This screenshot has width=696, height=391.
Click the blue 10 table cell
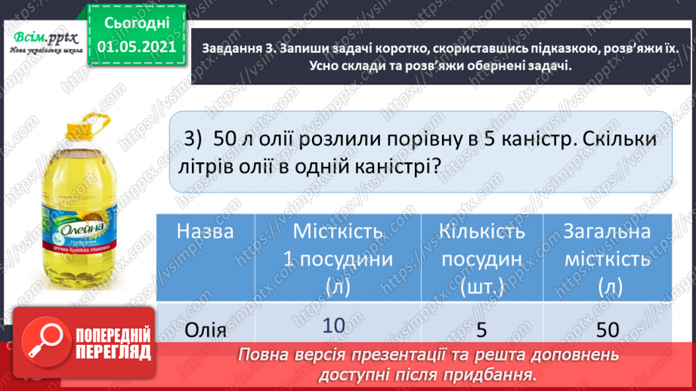click(333, 325)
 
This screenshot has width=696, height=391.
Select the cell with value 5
click(481, 329)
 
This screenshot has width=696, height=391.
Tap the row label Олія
click(205, 330)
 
